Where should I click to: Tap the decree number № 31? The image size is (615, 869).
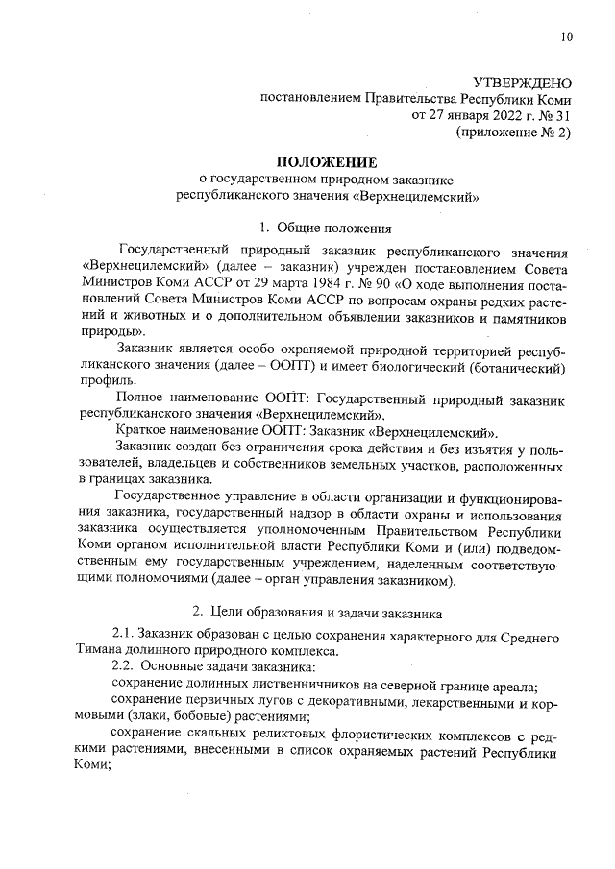[x=554, y=116]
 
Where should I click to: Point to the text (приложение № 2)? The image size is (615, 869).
[x=513, y=133]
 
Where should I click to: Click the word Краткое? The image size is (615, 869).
[x=143, y=432]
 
